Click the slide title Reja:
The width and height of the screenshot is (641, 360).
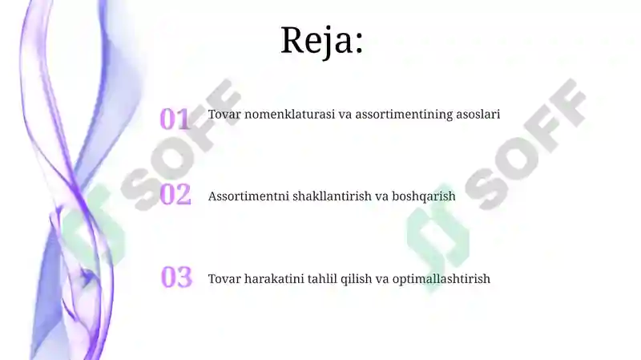coord(322,40)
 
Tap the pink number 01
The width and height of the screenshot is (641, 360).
coord(175,119)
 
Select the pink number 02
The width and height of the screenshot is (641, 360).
coord(175,195)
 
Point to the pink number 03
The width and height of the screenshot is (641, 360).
coord(176,277)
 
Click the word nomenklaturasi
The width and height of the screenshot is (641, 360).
coord(290,115)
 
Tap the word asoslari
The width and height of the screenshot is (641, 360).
coord(478,115)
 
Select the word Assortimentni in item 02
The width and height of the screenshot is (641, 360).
coord(246,196)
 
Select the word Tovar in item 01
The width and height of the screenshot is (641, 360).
coord(224,115)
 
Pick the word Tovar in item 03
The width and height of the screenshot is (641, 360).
coord(224,279)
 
